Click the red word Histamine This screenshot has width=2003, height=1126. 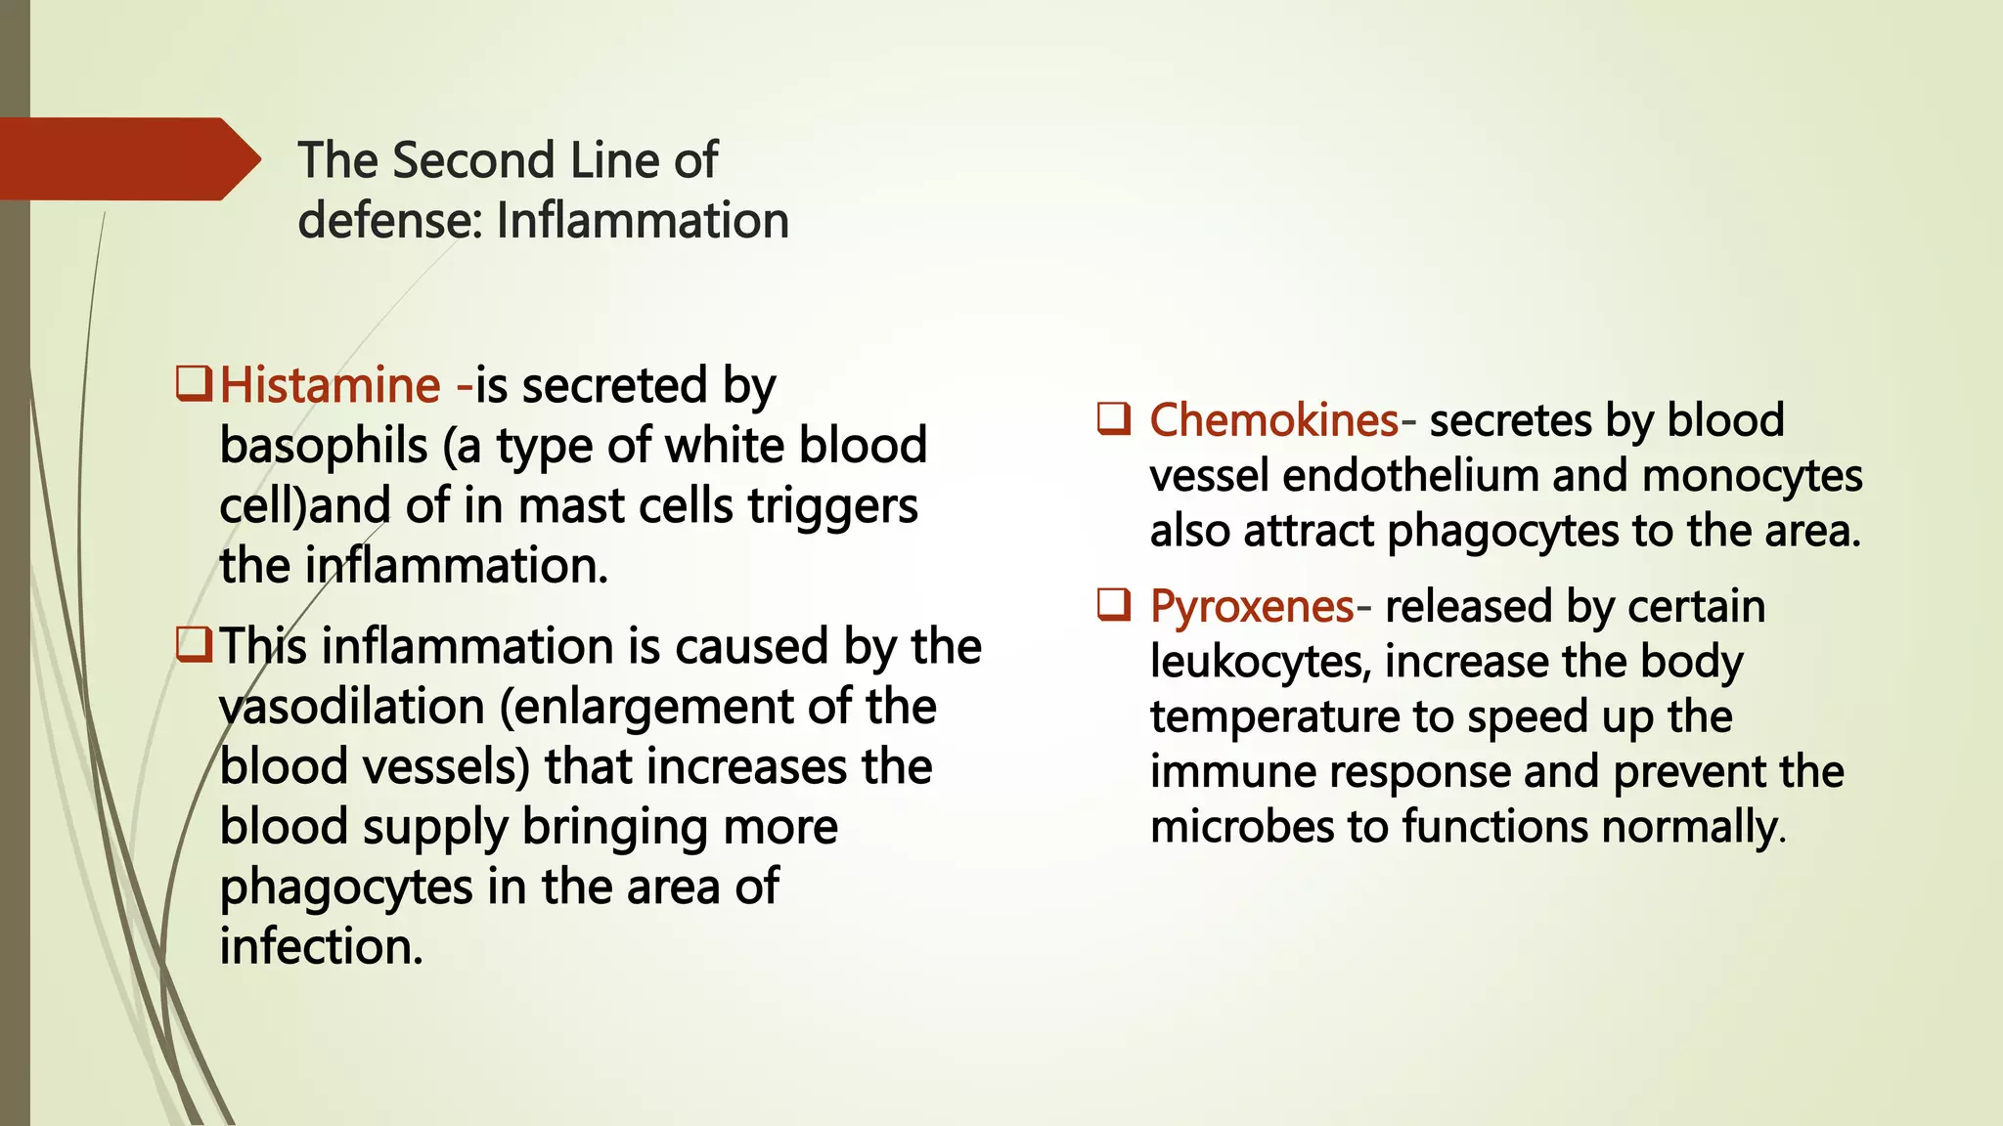pyautogui.click(x=330, y=385)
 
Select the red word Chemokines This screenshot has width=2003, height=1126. pyautogui.click(x=1273, y=420)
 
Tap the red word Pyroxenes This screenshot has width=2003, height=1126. pyautogui.click(x=1251, y=607)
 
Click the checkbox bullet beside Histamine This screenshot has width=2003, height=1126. pyautogui.click(x=193, y=383)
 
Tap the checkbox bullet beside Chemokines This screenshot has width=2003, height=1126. pyautogui.click(x=1114, y=418)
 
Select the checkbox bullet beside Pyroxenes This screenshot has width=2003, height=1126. pyautogui.click(x=1114, y=605)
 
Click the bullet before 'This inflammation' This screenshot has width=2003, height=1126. pyautogui.click(x=193, y=644)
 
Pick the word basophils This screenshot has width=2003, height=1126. pyautogui.click(x=323, y=447)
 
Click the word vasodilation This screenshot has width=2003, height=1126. pyautogui.click(x=352, y=707)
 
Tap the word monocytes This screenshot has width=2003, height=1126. pyautogui.click(x=1752, y=476)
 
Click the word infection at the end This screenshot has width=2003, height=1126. pyautogui.click(x=321, y=947)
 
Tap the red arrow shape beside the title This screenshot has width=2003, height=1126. pyautogui.click(x=127, y=159)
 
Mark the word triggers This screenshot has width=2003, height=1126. pyautogui.click(x=832, y=506)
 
